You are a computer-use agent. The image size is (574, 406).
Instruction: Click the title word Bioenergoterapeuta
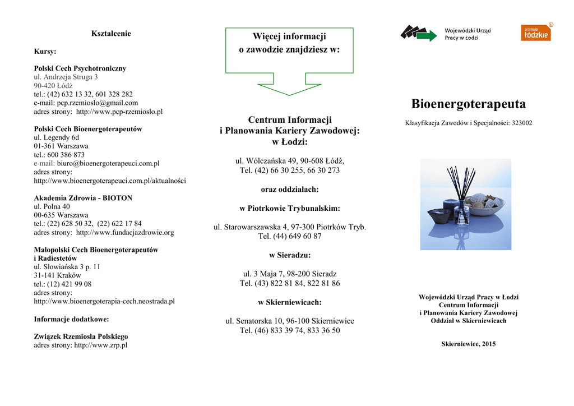[x=468, y=104]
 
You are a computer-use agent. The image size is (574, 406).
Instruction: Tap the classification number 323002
[x=521, y=123]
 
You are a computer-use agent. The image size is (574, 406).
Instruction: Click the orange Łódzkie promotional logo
[x=536, y=33]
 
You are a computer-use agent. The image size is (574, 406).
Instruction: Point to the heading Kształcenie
[x=111, y=34]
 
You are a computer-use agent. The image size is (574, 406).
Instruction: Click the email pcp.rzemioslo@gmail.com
[x=98, y=103]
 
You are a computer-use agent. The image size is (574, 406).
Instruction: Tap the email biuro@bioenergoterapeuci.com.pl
[x=108, y=163]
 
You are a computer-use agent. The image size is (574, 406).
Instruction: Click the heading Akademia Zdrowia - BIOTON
[x=83, y=198]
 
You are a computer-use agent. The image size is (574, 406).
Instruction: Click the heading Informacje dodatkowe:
[x=72, y=319]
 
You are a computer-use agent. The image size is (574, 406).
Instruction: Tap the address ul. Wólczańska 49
[x=266, y=161]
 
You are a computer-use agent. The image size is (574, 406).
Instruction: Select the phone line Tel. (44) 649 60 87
[x=289, y=236]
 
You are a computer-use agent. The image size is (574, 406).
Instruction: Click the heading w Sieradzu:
[x=289, y=255]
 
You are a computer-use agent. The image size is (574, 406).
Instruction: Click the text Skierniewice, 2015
[x=468, y=344]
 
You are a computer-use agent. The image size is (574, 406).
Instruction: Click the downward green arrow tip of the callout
[x=289, y=94]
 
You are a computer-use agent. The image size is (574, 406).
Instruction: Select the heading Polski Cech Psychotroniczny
[x=80, y=68]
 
